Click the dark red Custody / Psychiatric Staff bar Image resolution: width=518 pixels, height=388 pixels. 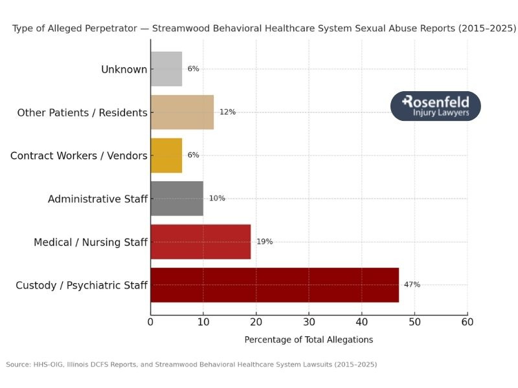click(275, 285)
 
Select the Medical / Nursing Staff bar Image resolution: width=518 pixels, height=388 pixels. click(200, 242)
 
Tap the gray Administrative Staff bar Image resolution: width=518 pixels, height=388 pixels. click(177, 199)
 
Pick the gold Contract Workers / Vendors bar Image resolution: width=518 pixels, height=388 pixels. click(166, 155)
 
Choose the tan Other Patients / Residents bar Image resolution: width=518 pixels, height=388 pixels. click(182, 112)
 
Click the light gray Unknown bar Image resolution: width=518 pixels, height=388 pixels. click(166, 69)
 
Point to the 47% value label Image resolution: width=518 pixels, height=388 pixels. click(412, 285)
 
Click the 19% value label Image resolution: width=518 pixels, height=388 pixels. click(264, 242)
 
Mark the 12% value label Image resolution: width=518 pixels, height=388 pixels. click(227, 112)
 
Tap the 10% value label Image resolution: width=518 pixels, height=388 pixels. click(217, 199)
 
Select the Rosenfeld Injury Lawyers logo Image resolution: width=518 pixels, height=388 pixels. click(436, 106)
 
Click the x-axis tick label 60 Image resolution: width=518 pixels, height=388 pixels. click(467, 321)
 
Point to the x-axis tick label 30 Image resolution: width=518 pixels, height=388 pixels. click(309, 321)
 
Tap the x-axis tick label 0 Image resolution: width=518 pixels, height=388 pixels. click(151, 321)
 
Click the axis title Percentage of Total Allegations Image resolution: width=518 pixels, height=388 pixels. click(308, 339)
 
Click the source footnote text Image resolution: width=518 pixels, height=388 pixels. click(191, 365)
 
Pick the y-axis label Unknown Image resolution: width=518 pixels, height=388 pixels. click(124, 69)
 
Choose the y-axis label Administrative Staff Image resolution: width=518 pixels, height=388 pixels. click(97, 199)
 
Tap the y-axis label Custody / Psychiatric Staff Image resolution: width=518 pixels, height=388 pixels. click(82, 285)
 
